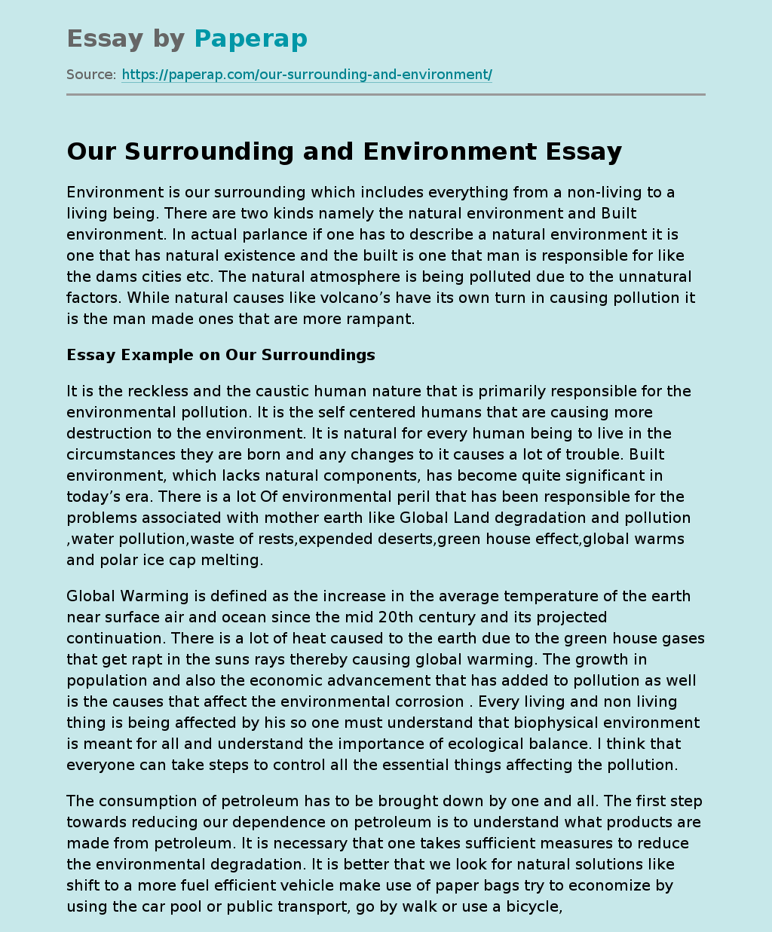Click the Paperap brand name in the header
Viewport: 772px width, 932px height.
click(250, 38)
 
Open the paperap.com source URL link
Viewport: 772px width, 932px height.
click(306, 75)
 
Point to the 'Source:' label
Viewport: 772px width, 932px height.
click(91, 75)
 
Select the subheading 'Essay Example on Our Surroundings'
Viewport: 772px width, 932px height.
click(221, 355)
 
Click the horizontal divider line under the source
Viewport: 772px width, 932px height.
click(386, 95)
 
